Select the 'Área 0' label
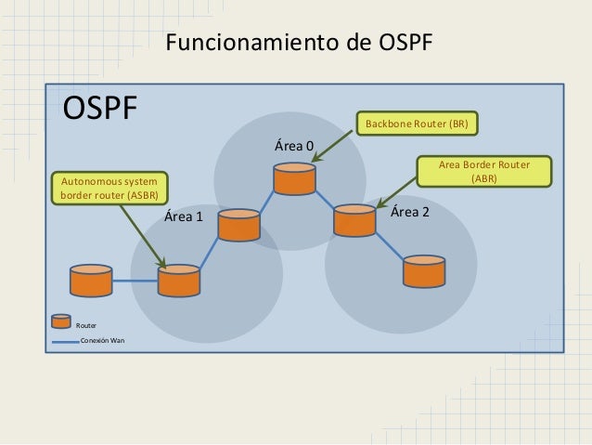tap(292, 146)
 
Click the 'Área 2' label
tap(409, 212)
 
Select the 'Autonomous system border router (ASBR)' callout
tap(109, 187)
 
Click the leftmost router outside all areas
tap(92, 281)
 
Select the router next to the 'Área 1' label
tap(238, 225)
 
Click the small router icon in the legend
tap(61, 321)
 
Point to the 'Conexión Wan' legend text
tap(103, 342)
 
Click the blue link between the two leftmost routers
tap(135, 281)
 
